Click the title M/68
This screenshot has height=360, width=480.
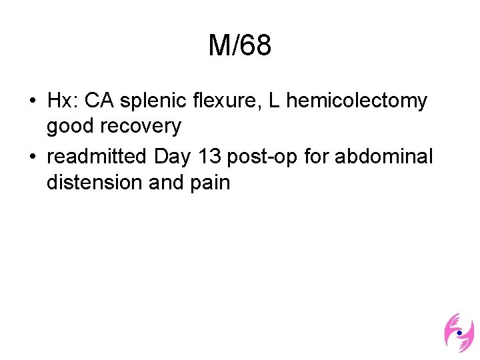click(x=239, y=47)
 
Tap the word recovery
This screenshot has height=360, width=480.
click(x=140, y=126)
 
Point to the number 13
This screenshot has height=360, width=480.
click(x=208, y=157)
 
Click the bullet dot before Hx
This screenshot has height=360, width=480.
click(x=33, y=102)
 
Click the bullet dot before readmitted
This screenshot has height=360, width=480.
click(x=33, y=158)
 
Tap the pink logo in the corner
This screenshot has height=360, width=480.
click(x=459, y=332)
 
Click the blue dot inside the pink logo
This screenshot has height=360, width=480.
click(x=459, y=332)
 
